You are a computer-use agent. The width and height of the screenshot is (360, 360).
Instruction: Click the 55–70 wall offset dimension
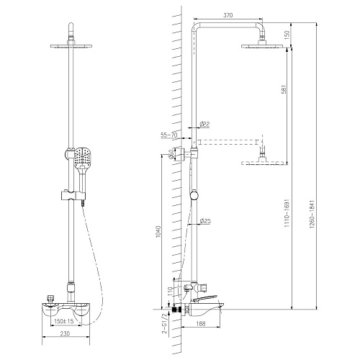pyautogui.click(x=170, y=135)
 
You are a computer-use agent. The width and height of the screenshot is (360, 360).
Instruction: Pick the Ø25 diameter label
pyautogui.click(x=204, y=220)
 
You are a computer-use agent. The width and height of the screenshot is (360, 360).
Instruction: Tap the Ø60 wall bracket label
pyautogui.click(x=173, y=153)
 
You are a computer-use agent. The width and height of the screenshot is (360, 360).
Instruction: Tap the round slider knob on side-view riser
pyautogui.click(x=194, y=196)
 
